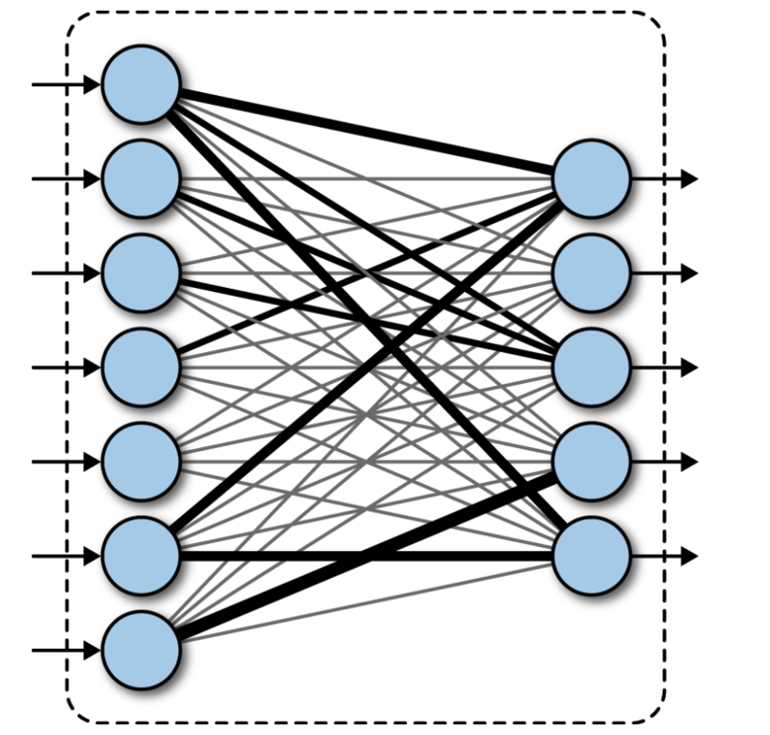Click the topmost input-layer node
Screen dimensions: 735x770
[142, 85]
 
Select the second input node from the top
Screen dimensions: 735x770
[142, 179]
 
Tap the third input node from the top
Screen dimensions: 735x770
[142, 273]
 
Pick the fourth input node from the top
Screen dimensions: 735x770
[142, 368]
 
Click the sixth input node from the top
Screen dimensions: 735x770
[142, 556]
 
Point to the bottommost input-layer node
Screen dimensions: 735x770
[142, 650]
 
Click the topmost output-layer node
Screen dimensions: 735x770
[592, 179]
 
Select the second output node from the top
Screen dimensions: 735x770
[592, 273]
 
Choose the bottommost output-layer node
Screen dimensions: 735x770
[592, 556]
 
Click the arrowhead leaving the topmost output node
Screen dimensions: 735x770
[690, 179]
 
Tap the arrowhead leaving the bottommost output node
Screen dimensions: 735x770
[690, 556]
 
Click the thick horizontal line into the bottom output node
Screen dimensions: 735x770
[366, 556]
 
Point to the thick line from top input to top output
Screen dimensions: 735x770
[366, 132]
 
